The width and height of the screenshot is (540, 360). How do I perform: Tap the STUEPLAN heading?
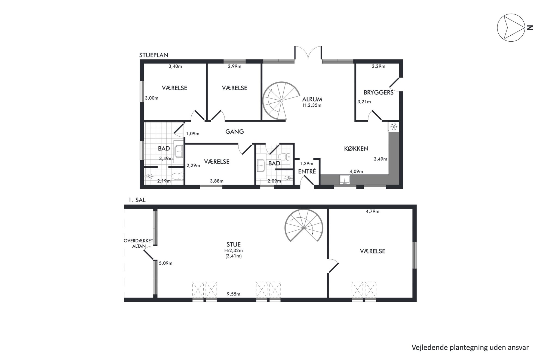click(154, 55)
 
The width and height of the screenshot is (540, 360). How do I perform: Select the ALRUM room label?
click(312, 99)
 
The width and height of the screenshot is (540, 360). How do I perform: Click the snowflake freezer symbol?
click(393, 127)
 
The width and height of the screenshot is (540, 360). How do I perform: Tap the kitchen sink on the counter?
click(345, 180)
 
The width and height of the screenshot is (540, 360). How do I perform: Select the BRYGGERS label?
click(378, 93)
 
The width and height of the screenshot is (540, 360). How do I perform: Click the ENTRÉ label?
click(307, 171)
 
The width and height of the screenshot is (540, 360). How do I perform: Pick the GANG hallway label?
click(234, 132)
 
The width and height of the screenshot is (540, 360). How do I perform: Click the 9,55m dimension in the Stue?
click(234, 294)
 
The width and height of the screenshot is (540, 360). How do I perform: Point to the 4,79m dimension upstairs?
click(373, 211)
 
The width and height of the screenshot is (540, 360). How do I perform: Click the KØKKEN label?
click(356, 149)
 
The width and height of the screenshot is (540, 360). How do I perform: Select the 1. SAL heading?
click(137, 200)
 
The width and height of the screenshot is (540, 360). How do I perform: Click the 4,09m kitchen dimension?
click(356, 171)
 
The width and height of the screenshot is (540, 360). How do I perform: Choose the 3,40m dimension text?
click(175, 66)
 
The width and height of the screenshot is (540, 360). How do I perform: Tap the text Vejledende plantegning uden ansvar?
click(470, 347)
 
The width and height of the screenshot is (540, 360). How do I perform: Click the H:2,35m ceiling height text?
click(312, 105)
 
